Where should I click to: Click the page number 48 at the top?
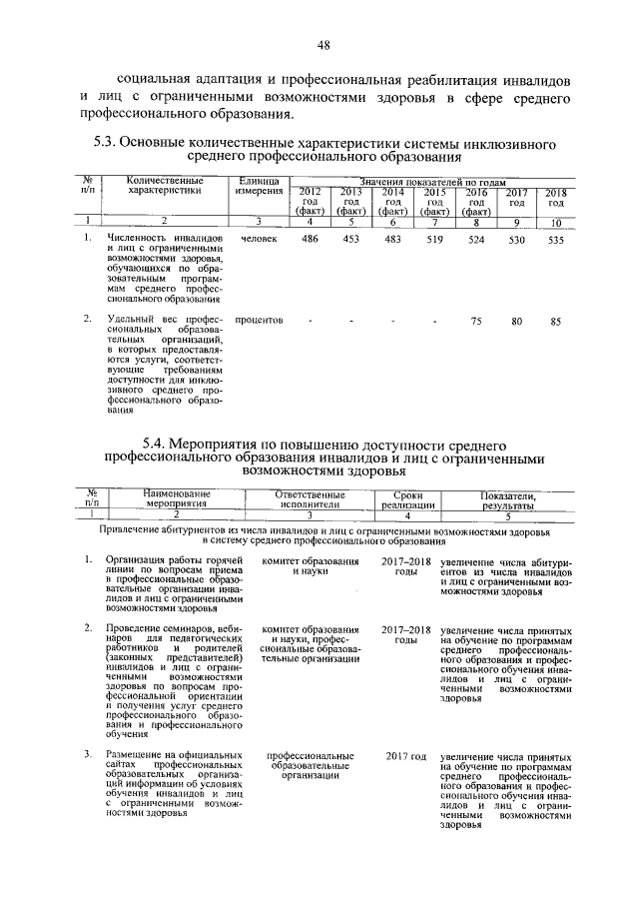[323, 44]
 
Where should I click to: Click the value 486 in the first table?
[311, 241]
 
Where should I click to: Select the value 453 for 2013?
[349, 241]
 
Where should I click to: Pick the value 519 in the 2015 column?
[434, 241]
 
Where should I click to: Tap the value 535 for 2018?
[557, 241]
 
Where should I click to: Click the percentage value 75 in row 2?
[477, 321]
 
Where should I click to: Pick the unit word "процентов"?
[260, 321]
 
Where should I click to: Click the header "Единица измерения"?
[258, 185]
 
